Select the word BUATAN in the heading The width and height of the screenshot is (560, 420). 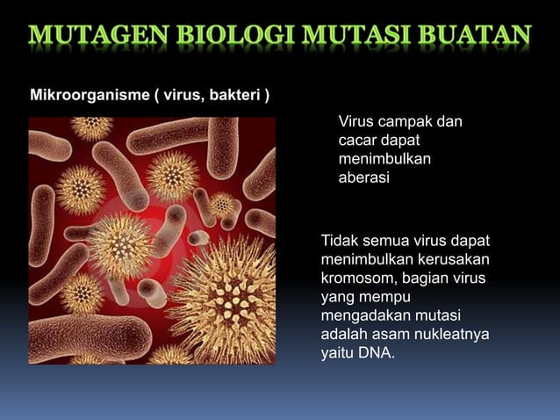pos(475,36)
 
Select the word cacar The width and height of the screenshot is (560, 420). pos(358,141)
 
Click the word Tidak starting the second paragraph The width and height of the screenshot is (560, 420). pos(341,241)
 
